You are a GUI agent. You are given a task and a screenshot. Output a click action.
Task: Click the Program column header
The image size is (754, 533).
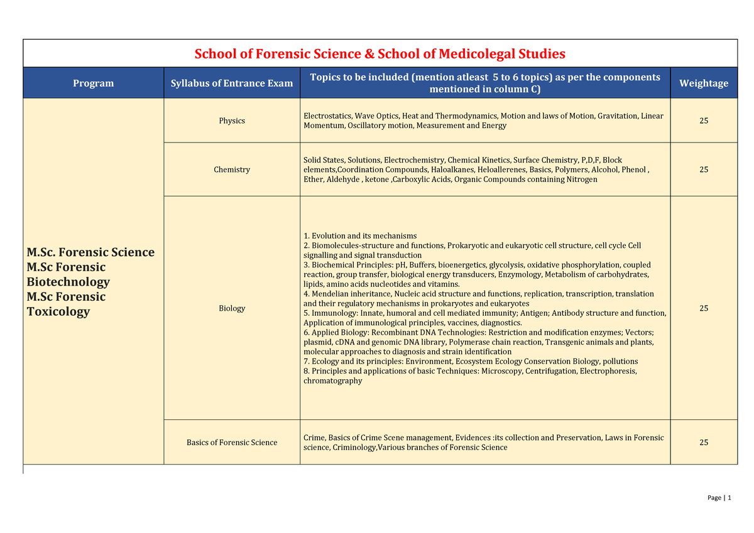tap(93, 83)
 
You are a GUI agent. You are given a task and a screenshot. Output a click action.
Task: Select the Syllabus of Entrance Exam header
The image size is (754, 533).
tap(232, 83)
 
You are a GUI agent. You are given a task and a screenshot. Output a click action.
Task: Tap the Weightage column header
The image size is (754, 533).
tap(704, 83)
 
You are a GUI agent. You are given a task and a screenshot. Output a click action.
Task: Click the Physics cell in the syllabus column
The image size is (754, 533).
tap(232, 121)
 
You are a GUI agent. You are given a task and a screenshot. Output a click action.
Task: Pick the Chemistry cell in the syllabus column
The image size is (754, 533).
tap(232, 170)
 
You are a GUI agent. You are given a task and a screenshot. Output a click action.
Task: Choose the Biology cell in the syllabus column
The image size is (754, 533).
tap(232, 308)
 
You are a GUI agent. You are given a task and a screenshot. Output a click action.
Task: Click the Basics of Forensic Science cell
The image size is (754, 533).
tap(232, 443)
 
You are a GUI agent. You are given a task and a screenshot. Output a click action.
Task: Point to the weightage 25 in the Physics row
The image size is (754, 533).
tap(704, 121)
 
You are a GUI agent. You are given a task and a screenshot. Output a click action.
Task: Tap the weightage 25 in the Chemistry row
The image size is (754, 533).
tap(704, 170)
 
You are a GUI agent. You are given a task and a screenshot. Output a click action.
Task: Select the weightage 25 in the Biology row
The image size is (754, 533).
tap(704, 308)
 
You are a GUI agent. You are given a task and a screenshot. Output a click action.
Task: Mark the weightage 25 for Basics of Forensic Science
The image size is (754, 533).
tap(704, 443)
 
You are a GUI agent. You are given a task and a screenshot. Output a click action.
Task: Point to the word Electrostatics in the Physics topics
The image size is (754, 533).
tap(327, 116)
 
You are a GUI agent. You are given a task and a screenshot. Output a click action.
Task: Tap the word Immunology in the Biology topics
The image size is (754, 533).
tap(334, 313)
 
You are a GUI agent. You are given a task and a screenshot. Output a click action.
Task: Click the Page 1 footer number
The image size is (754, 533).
tap(729, 498)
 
